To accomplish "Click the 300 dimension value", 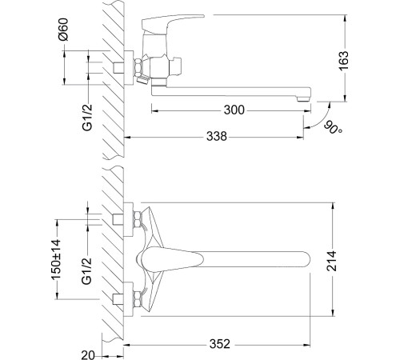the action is pos(234,110).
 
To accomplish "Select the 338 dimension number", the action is pos(217,136).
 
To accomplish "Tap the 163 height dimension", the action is pos(343,61).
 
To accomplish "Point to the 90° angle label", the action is pos(334,127).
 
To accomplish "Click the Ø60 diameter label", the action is pos(63,30).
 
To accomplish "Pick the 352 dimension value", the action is pos(220,344).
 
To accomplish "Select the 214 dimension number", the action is pos(332,261).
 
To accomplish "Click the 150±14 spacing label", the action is pos(56,259).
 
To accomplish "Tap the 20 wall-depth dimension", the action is pos(88,355).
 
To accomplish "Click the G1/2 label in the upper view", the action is pos(87,118).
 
